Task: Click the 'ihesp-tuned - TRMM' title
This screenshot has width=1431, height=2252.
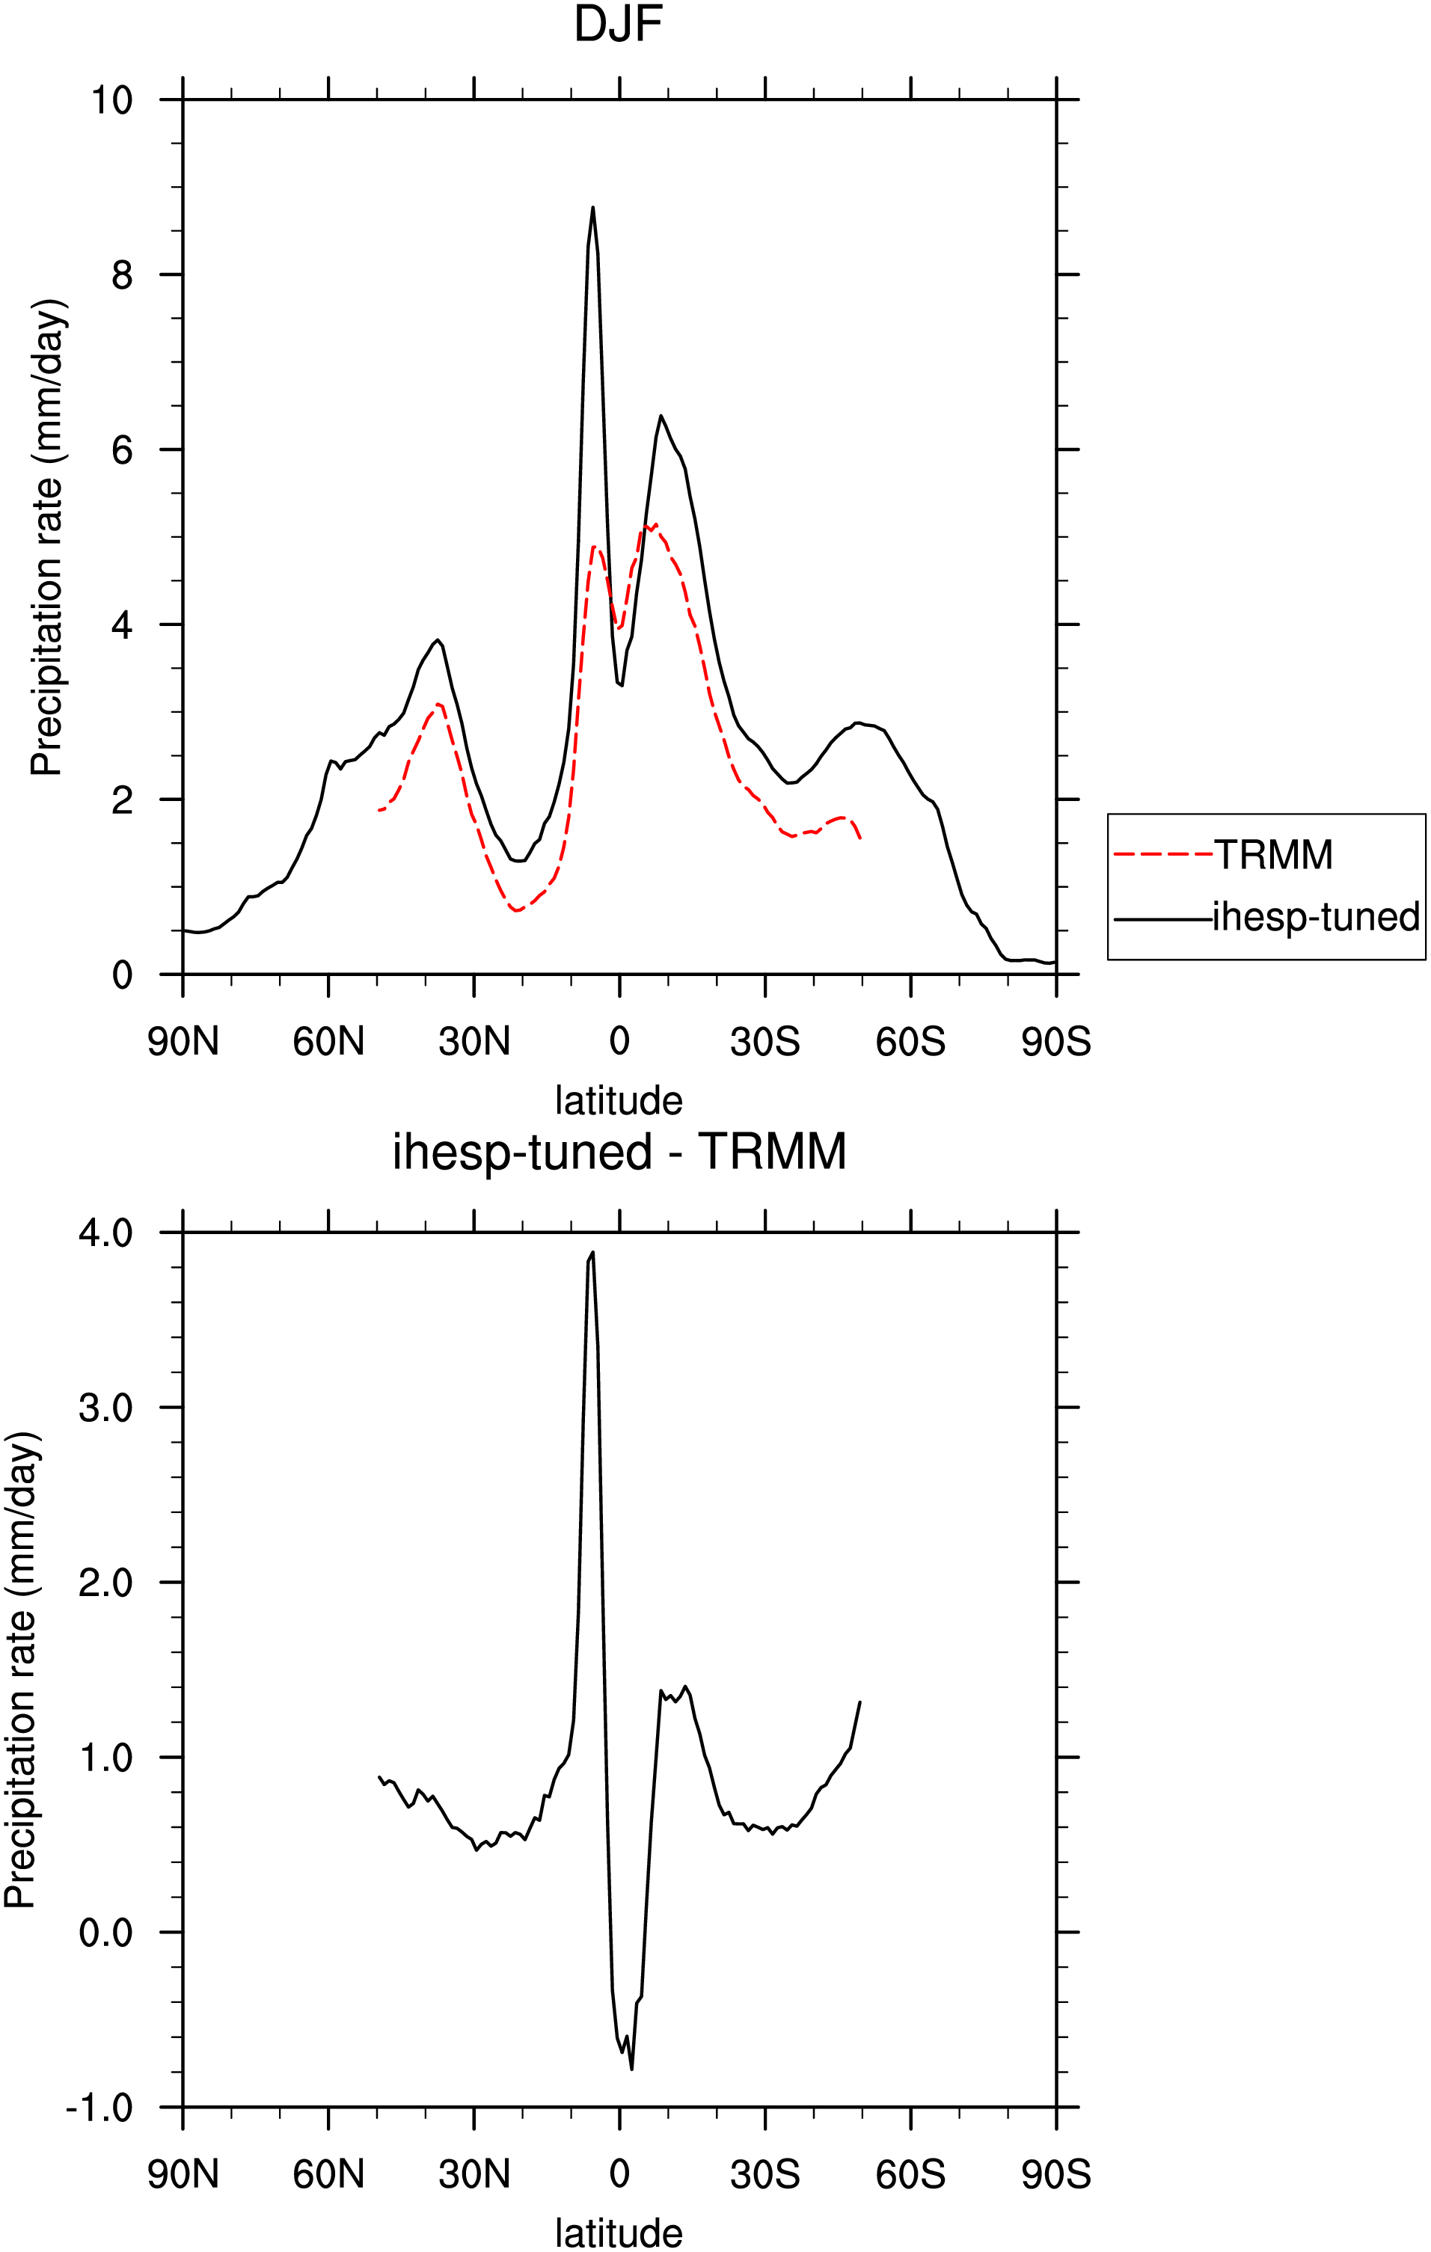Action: coord(619,1151)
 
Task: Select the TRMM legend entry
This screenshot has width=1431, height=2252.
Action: coord(1223,855)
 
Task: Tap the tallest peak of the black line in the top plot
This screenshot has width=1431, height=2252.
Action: coord(593,208)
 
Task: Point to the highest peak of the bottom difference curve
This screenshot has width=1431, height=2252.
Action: coord(593,1252)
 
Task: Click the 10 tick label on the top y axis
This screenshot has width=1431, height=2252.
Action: coord(111,100)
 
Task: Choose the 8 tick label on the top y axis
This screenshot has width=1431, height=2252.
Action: coord(122,275)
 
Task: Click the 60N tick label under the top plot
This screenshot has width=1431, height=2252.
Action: coord(328,1042)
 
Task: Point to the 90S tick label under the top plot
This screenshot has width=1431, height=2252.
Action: coord(1056,1042)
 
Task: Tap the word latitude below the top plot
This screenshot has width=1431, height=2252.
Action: coord(619,1101)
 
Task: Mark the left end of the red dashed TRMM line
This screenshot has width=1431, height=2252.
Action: coord(379,810)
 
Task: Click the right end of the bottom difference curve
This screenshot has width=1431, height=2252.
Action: coord(859,1702)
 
